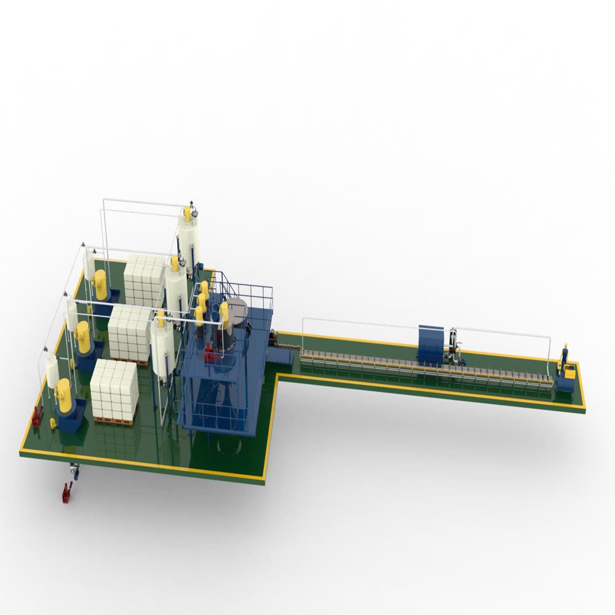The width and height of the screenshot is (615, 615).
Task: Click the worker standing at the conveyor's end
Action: pyautogui.click(x=564, y=355)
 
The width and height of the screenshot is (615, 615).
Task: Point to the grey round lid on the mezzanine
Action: pyautogui.click(x=237, y=306)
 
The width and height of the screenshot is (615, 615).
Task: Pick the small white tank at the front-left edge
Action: pyautogui.click(x=52, y=370)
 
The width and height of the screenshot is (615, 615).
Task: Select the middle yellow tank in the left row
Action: pyautogui.click(x=82, y=331)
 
